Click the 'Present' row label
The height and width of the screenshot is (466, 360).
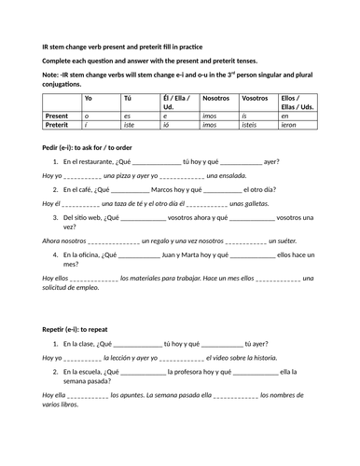pos(58,112)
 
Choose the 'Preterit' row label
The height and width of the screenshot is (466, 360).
pos(59,122)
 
